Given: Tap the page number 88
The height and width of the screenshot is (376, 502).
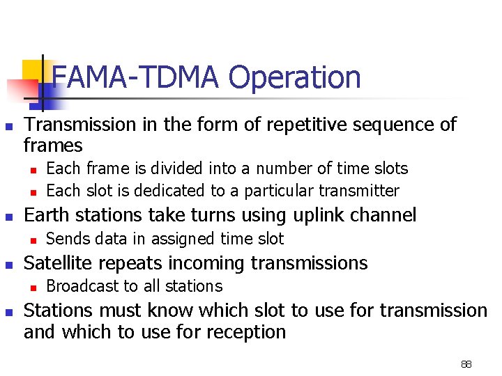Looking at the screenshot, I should [466, 364].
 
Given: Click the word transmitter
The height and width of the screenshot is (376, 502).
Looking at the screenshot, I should [358, 191].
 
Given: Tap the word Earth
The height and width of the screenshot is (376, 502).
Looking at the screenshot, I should [47, 215].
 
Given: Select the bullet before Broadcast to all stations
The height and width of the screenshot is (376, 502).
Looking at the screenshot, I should [32, 287].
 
